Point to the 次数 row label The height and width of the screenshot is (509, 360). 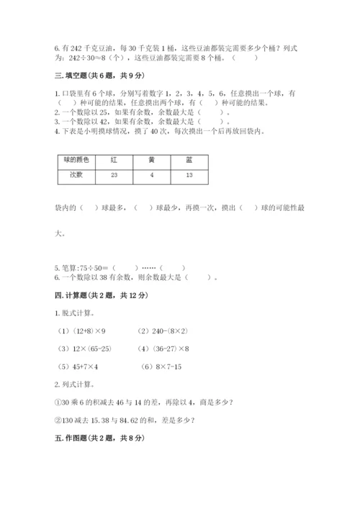click(76, 175)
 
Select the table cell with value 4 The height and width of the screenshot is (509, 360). click(151, 175)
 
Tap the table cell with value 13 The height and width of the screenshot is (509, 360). click(188, 175)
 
